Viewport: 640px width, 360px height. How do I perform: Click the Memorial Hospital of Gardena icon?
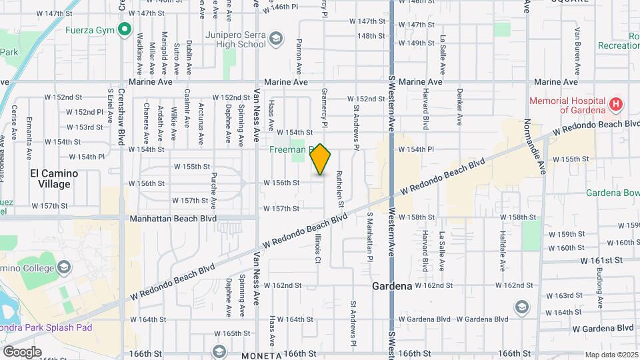pyautogui.click(x=616, y=105)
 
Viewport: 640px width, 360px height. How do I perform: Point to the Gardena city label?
pyautogui.click(x=391, y=285)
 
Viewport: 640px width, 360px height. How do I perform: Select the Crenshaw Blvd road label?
pyautogui.click(x=121, y=113)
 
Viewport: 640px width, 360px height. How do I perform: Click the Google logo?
pyautogui.click(x=22, y=351)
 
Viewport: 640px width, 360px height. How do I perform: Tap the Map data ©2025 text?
pyautogui.click(x=611, y=355)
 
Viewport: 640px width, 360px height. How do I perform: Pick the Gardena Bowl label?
pyautogui.click(x=612, y=193)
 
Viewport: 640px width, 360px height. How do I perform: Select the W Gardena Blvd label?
pyautogui.click(x=603, y=328)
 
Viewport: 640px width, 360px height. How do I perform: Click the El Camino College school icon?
pyautogui.click(x=64, y=268)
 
